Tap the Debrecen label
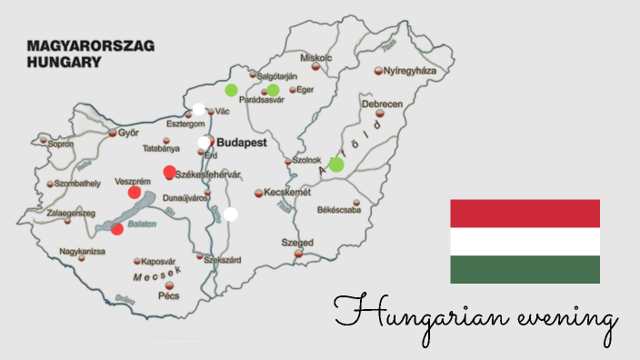[382, 105]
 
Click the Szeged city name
[296, 243]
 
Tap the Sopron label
[61, 144]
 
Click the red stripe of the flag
[525, 213]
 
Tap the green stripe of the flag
[525, 269]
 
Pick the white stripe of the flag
[525, 241]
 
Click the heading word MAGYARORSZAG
[90, 45]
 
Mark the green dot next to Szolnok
[336, 165]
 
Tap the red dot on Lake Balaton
[117, 228]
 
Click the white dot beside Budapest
[204, 143]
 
